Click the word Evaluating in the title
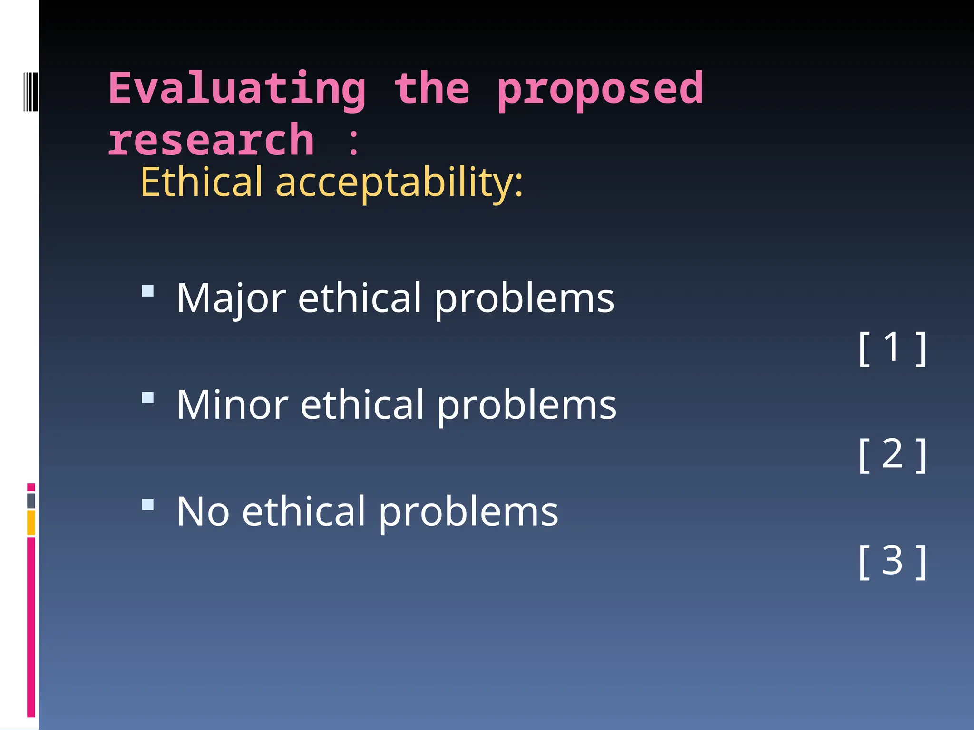point(237,89)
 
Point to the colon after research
point(353,142)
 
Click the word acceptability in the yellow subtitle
point(399,182)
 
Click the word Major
point(231,298)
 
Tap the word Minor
point(232,404)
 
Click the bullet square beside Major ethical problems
point(148,290)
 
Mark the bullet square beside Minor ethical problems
point(148,397)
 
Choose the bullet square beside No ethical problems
point(148,504)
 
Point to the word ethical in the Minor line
point(361,404)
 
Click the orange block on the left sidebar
point(31,523)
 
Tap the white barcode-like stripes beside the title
point(30,92)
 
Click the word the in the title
point(432,89)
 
